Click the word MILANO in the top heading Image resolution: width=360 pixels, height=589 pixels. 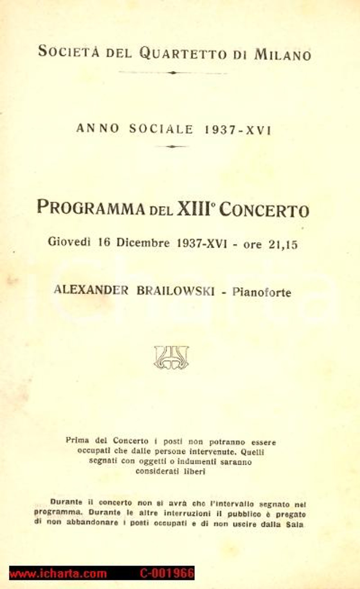[x=283, y=55]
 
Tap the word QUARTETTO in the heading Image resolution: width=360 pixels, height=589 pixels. [x=183, y=54]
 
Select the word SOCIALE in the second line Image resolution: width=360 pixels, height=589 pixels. [x=161, y=129]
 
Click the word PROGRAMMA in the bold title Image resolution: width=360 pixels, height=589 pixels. [x=91, y=208]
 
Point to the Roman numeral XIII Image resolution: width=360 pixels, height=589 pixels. [x=193, y=209]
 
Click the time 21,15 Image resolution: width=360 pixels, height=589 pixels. [x=283, y=245]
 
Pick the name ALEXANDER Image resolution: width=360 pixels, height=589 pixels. [x=91, y=290]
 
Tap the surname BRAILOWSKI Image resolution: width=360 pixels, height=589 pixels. [x=175, y=291]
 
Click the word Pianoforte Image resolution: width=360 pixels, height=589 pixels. [x=262, y=292]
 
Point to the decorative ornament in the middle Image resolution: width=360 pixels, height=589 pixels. [x=171, y=357]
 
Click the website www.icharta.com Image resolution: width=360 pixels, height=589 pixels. [x=58, y=574]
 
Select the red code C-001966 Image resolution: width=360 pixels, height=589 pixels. [x=167, y=574]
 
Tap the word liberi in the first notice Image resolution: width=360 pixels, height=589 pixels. [x=194, y=472]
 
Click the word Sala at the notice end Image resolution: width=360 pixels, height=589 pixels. [x=296, y=525]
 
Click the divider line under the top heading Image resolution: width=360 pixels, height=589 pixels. [x=173, y=73]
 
